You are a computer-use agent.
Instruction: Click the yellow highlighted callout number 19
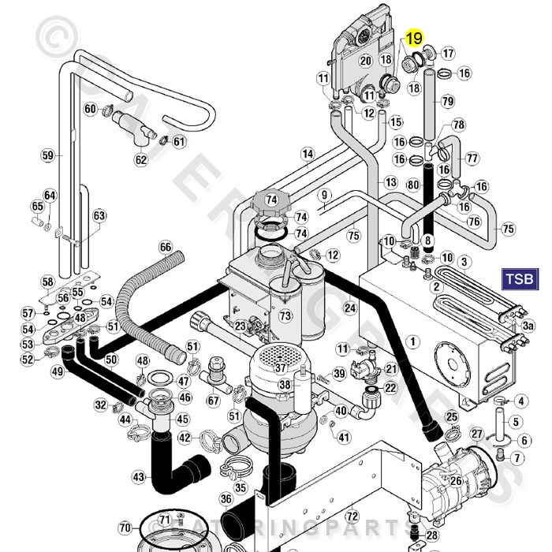415,38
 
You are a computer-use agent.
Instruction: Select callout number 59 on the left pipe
48,155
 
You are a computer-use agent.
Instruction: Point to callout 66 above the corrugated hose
166,248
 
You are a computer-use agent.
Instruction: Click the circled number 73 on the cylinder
285,315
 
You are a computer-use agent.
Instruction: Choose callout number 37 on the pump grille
280,368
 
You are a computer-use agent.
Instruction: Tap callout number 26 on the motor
455,480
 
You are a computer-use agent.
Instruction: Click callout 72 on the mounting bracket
352,515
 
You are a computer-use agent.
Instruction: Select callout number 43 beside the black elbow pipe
140,477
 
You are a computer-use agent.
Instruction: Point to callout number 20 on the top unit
365,60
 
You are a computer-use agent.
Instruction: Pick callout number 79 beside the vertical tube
447,101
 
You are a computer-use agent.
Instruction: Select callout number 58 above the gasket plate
47,282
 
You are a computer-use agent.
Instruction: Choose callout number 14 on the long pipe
308,154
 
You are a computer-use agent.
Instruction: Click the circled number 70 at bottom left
125,527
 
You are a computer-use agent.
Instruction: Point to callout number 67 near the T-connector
213,400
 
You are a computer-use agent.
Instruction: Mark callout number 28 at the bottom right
431,535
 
